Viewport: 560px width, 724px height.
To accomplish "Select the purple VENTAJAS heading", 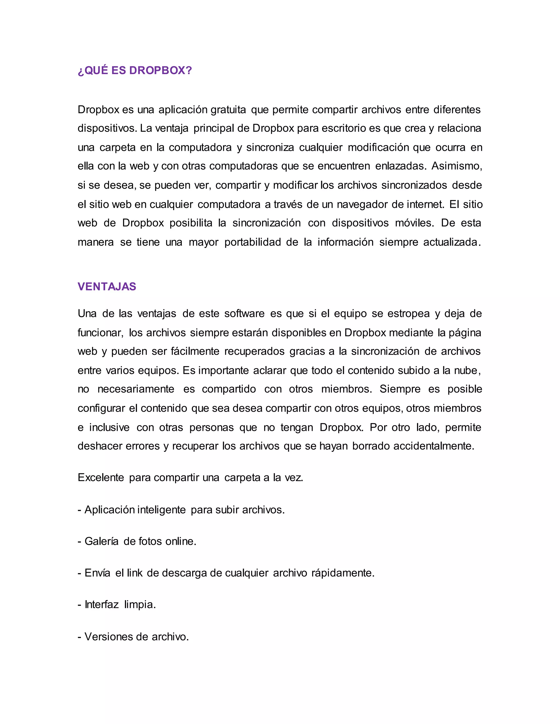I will pyautogui.click(x=107, y=286).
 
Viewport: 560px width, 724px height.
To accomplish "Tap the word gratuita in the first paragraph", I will pyautogui.click(x=228, y=110).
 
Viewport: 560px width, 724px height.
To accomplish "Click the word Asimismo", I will pyautogui.click(x=456, y=166).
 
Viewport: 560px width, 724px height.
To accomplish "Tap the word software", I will pyautogui.click(x=244, y=314).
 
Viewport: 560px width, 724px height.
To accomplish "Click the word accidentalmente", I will pyautogui.click(x=434, y=446).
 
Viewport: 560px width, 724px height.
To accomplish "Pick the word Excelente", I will pyautogui.click(x=101, y=478).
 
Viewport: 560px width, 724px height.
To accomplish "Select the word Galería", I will pyautogui.click(x=101, y=541).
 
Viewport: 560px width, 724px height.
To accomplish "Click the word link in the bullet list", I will pyautogui.click(x=135, y=573).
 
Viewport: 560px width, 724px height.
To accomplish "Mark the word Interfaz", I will pyautogui.click(x=101, y=605).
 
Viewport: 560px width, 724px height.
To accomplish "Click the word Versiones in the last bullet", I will pyautogui.click(x=108, y=637).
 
